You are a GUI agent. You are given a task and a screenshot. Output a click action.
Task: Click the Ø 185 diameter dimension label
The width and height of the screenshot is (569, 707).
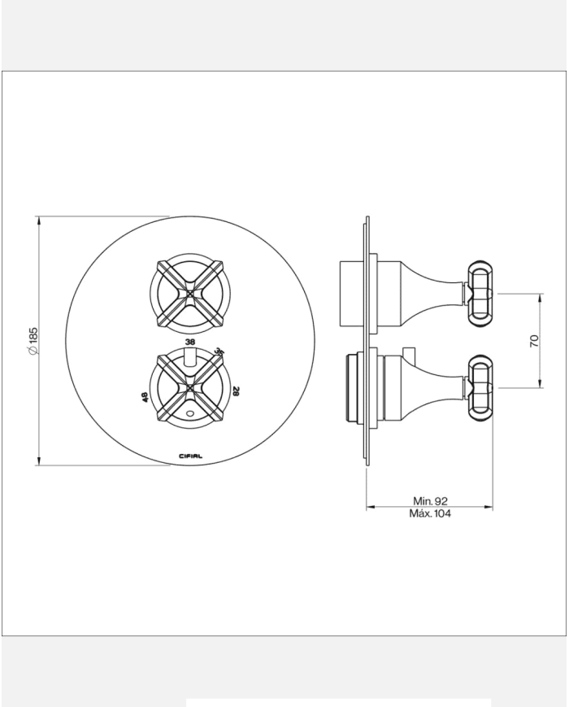coord(33,340)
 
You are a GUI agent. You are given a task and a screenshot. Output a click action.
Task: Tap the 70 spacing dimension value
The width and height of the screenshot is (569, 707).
coord(535,341)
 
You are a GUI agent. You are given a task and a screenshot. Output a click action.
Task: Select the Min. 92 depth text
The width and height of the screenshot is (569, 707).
coord(430,500)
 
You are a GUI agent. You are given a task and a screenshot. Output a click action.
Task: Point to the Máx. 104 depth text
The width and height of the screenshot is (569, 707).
coord(430,513)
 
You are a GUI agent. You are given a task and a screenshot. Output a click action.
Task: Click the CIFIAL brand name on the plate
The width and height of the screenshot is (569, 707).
coord(190,456)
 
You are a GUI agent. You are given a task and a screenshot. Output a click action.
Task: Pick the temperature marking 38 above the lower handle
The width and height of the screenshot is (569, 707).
coord(190,342)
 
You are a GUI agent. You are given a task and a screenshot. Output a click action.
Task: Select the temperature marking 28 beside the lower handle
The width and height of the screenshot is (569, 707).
coord(237,391)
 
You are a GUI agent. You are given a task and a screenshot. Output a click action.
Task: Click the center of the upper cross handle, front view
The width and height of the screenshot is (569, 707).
coord(189,293)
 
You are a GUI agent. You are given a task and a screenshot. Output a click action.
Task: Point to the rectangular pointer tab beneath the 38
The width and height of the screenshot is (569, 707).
coord(189,357)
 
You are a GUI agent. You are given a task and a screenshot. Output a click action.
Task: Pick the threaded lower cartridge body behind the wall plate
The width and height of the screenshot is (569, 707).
coord(351,388)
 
